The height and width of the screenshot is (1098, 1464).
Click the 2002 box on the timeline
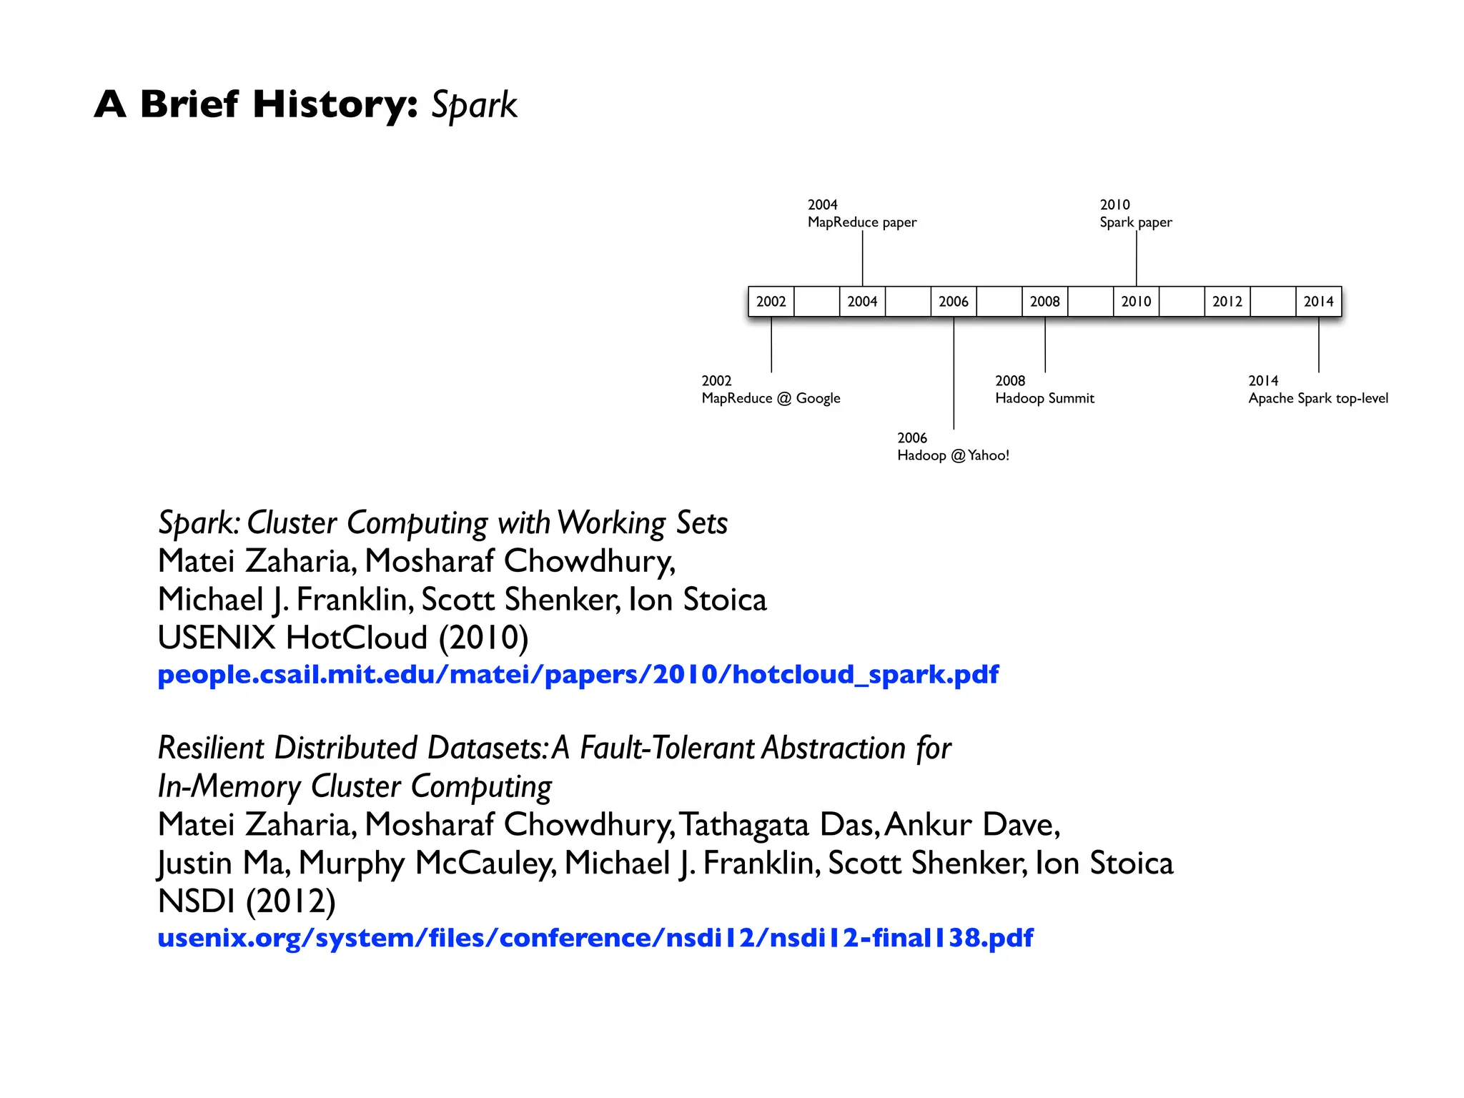(771, 302)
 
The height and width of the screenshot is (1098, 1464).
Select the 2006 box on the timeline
(953, 302)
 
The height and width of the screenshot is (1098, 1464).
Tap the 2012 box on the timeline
(1227, 302)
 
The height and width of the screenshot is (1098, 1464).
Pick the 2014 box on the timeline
(1318, 302)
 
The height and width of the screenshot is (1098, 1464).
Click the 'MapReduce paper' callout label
(861, 222)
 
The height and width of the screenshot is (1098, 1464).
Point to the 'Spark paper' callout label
(1135, 222)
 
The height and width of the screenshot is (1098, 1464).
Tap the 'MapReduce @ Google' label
(771, 398)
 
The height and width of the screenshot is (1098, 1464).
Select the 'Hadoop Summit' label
(1044, 398)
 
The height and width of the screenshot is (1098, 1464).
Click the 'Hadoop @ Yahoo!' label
(953, 455)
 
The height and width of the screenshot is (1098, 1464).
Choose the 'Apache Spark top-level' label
(1318, 398)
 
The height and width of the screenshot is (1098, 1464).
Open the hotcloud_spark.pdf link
(578, 674)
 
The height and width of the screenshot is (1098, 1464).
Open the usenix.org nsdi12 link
(595, 938)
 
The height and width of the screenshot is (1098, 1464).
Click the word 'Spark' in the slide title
(474, 106)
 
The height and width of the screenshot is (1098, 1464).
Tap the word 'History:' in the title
(335, 104)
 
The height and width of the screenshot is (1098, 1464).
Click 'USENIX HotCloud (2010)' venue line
(343, 638)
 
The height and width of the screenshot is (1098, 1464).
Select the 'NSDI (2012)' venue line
(247, 901)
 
